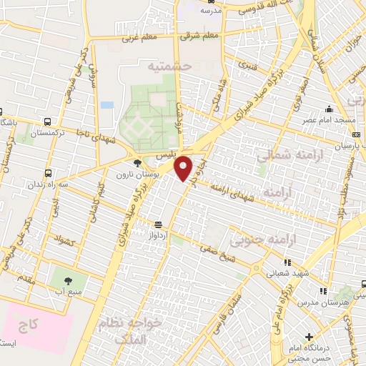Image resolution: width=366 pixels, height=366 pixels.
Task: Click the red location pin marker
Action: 184,167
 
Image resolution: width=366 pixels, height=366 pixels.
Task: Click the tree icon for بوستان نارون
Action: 137,164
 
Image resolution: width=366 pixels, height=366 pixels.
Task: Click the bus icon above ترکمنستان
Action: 47,122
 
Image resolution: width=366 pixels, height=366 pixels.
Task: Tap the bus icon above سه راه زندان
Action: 47,172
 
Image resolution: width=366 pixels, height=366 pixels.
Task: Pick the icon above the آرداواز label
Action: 157,224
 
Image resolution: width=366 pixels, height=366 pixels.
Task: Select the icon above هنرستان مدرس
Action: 324,290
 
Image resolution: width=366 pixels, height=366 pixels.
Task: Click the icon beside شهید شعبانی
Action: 288,262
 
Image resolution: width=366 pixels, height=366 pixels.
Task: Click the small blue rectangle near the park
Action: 107,104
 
